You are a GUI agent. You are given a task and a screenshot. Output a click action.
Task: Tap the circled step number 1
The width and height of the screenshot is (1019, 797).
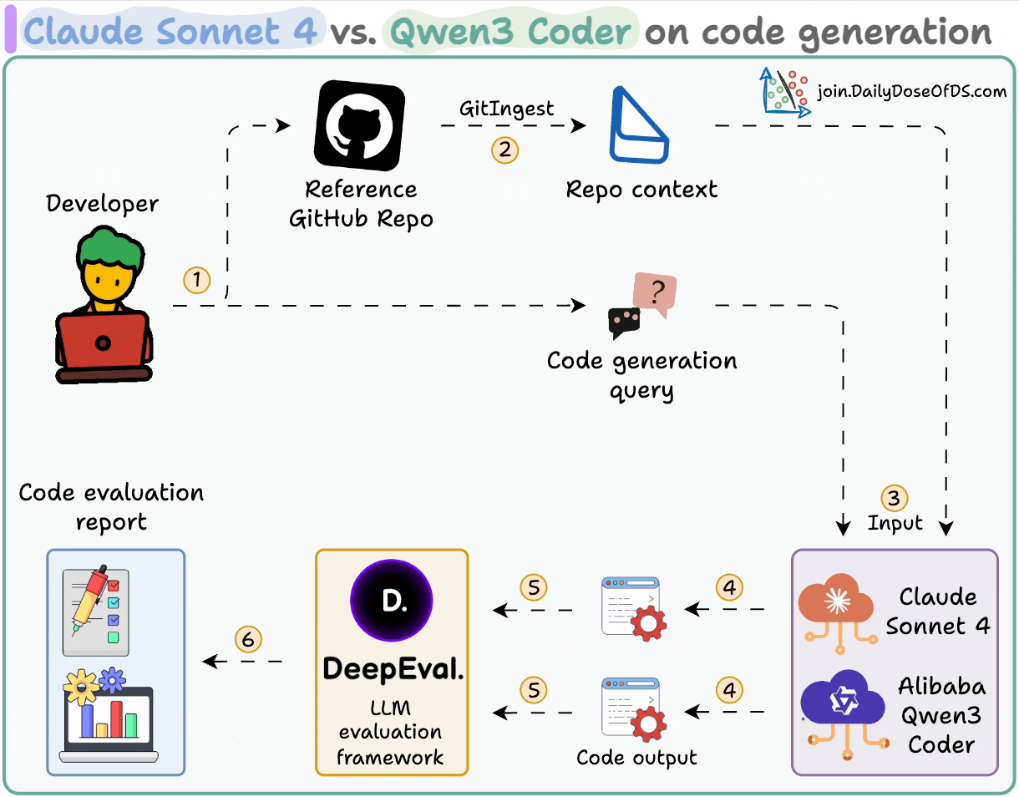tap(197, 281)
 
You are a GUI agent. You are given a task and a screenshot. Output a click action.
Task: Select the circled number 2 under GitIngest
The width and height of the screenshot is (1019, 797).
tap(504, 150)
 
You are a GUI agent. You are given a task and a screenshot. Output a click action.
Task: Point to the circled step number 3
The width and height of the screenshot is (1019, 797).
tap(894, 499)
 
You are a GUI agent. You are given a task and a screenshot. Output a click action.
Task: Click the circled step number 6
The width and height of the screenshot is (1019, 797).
tap(248, 640)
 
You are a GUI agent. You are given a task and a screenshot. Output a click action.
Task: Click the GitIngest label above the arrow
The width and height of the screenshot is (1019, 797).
tap(507, 109)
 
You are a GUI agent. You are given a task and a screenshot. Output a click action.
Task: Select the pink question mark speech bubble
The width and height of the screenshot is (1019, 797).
tap(655, 295)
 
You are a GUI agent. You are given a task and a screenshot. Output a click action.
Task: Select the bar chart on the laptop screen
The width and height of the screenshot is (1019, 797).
tap(109, 720)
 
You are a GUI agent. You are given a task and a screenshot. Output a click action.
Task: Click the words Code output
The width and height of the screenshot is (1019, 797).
tap(636, 758)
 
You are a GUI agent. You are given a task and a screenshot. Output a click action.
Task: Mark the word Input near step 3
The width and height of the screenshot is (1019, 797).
tap(895, 523)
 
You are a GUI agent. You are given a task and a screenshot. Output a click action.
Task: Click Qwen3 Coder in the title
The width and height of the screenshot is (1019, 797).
tap(511, 32)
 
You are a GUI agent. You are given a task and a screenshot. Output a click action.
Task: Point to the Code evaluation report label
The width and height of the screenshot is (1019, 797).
tap(111, 507)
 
